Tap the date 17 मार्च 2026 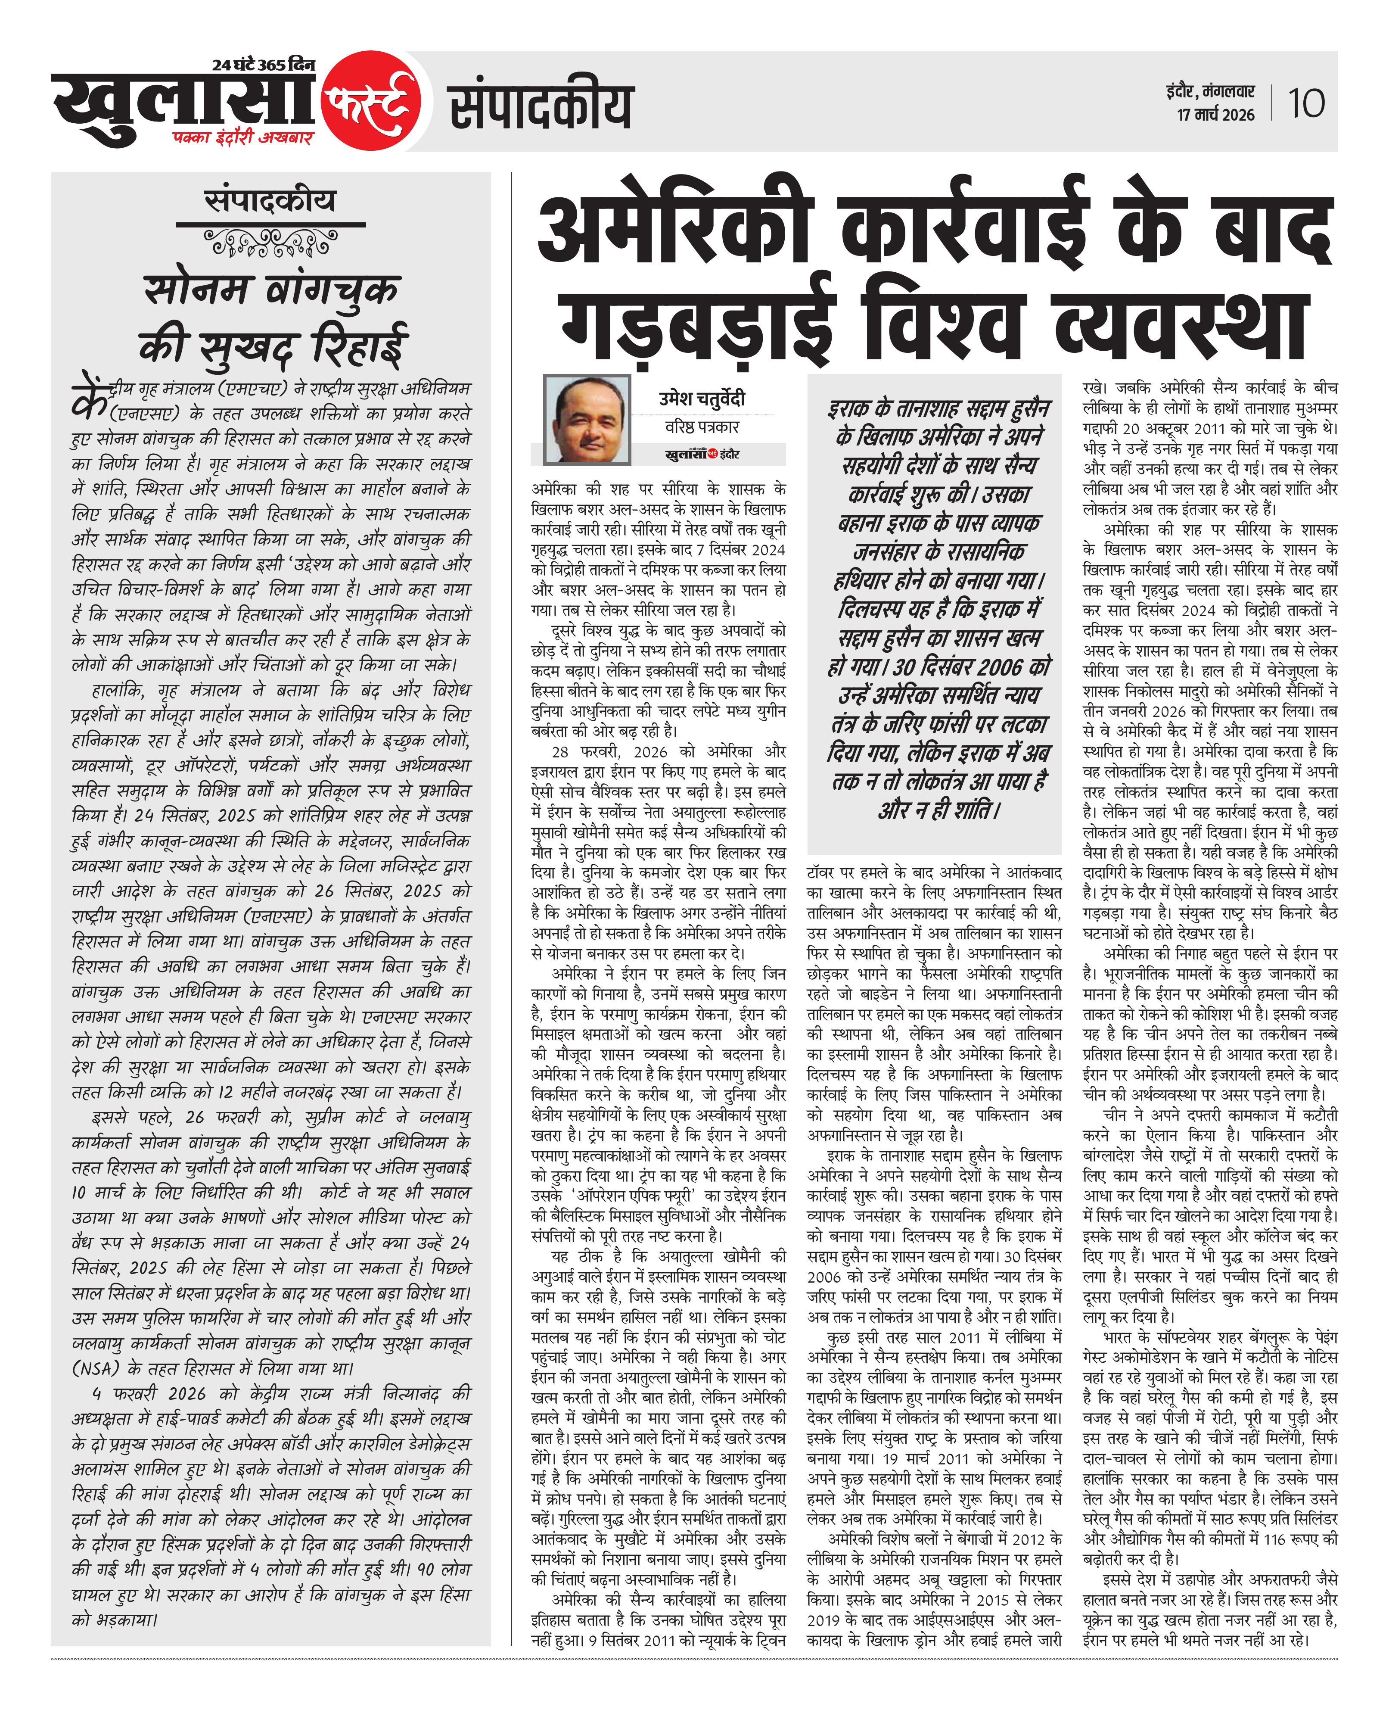pyautogui.click(x=1215, y=115)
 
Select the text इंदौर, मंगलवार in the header pyautogui.click(x=1210, y=92)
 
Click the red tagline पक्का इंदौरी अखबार pyautogui.click(x=242, y=137)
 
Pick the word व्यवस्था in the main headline pyautogui.click(x=1180, y=323)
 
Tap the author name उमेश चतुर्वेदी pyautogui.click(x=702, y=399)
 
